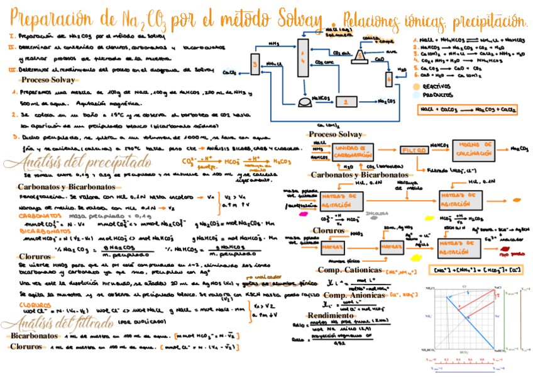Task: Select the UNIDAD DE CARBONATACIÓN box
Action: (x=349, y=152)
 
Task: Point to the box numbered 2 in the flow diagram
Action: (x=344, y=101)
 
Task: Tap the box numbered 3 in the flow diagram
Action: (x=254, y=64)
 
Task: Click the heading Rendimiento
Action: (x=331, y=315)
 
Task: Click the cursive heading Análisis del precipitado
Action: (x=77, y=162)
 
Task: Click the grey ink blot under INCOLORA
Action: (x=375, y=219)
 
